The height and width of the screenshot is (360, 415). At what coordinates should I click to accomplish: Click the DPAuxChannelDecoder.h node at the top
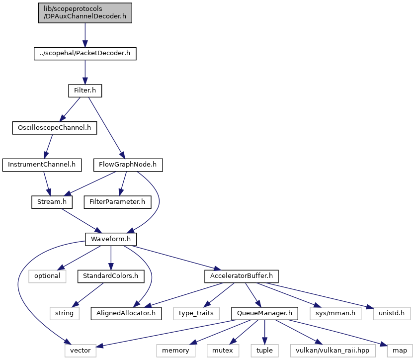pyautogui.click(x=85, y=13)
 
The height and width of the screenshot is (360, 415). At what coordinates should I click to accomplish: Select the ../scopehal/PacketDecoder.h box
pyautogui.click(x=85, y=54)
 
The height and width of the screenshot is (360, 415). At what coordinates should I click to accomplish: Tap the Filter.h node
pyautogui.click(x=85, y=91)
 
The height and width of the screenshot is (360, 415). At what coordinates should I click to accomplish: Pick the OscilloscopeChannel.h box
pyautogui.click(x=55, y=128)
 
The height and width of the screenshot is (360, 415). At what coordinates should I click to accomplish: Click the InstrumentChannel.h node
pyautogui.click(x=42, y=165)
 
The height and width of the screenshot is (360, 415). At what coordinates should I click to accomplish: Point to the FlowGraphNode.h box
pyautogui.click(x=128, y=165)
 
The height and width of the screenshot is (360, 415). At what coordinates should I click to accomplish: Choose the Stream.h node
pyautogui.click(x=52, y=202)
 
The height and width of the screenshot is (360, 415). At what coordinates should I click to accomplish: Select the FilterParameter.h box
pyautogui.click(x=117, y=202)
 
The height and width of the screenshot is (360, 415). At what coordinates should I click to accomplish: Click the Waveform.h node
pyautogui.click(x=111, y=239)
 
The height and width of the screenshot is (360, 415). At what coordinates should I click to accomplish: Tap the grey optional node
pyautogui.click(x=47, y=276)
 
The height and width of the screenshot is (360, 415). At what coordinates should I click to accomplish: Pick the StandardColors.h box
pyautogui.click(x=111, y=276)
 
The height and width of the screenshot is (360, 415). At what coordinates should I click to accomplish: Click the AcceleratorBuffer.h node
pyautogui.click(x=242, y=276)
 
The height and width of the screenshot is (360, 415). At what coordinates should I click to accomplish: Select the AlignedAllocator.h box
pyautogui.click(x=126, y=313)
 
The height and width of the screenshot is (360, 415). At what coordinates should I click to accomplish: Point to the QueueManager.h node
pyautogui.click(x=265, y=313)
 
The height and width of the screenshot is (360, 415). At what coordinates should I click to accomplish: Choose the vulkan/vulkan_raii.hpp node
pyautogui.click(x=332, y=351)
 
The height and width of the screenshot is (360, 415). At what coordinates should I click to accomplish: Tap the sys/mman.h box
pyautogui.click(x=335, y=313)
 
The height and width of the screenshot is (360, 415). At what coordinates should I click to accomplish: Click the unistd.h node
pyautogui.click(x=392, y=313)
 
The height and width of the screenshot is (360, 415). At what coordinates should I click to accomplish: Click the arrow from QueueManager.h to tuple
pyautogui.click(x=265, y=332)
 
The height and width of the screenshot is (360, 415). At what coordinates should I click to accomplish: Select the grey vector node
pyautogui.click(x=81, y=351)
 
